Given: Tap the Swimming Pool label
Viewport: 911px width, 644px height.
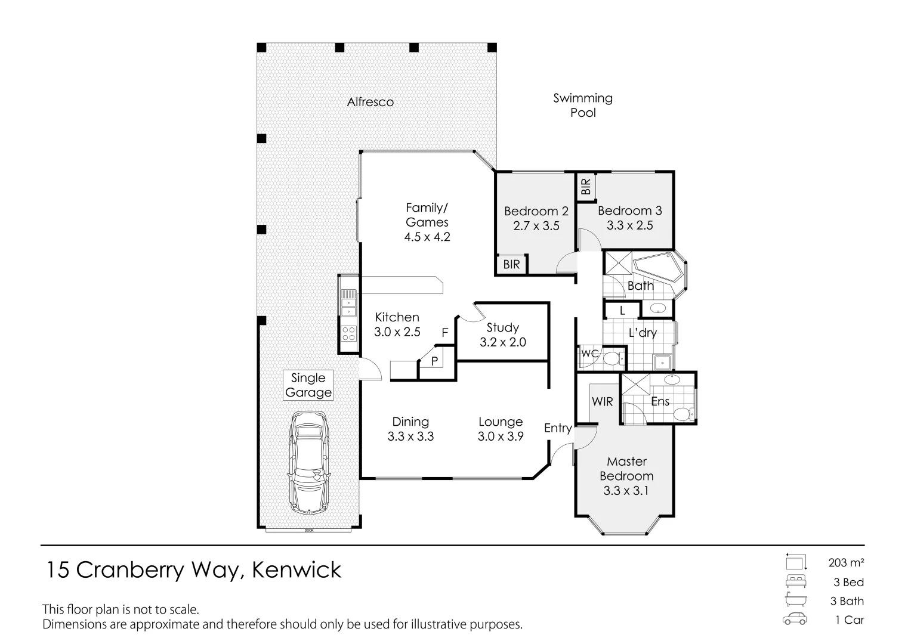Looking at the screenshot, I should pyautogui.click(x=582, y=105).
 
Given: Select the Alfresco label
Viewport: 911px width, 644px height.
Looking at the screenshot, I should pyautogui.click(x=370, y=102).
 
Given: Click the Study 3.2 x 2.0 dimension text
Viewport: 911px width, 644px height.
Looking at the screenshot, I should pyautogui.click(x=503, y=342).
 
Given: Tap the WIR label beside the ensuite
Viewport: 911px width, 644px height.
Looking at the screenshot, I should pyautogui.click(x=602, y=401).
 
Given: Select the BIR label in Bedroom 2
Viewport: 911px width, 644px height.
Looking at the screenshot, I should pyautogui.click(x=511, y=264).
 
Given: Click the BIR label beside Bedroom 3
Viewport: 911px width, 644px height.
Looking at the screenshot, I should pyautogui.click(x=586, y=187).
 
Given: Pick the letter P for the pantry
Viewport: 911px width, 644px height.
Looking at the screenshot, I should pyautogui.click(x=434, y=361).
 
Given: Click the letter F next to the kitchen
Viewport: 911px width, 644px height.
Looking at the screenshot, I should pyautogui.click(x=444, y=333).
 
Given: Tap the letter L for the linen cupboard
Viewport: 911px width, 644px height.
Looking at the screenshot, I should pyautogui.click(x=622, y=311).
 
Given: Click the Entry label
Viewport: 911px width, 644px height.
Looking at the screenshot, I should pyautogui.click(x=558, y=428).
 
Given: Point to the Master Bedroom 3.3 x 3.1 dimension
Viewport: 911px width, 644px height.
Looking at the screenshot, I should pyautogui.click(x=626, y=491).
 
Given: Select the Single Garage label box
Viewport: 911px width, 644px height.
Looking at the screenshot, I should pyautogui.click(x=308, y=385).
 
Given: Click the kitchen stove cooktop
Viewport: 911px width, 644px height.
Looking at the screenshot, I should pyautogui.click(x=348, y=333).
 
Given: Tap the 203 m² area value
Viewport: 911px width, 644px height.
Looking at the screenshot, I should pyautogui.click(x=846, y=562).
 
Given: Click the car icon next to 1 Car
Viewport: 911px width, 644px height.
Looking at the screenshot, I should pyautogui.click(x=795, y=620).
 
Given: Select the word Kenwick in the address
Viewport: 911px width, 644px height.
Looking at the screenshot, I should pyautogui.click(x=297, y=570).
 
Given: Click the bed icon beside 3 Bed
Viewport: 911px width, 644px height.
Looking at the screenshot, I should pyautogui.click(x=795, y=581).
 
